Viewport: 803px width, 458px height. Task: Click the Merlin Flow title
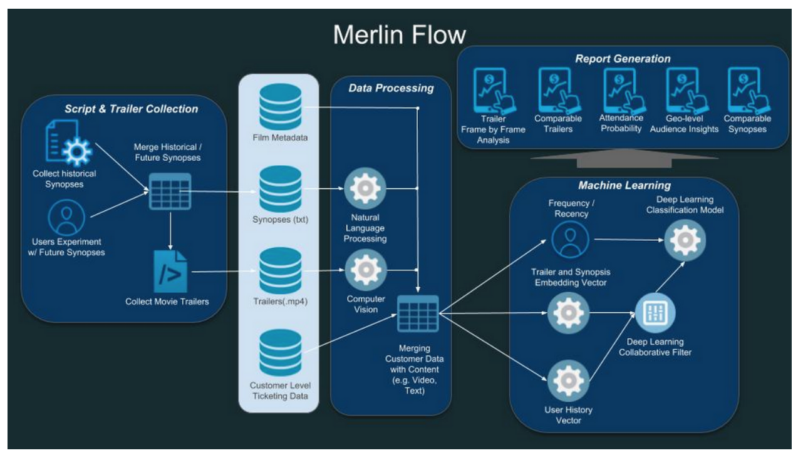coord(399,35)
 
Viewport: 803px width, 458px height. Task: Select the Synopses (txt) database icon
coord(281,189)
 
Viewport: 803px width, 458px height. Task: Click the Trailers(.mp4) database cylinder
coord(281,270)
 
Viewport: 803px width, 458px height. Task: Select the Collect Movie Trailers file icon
coord(170,271)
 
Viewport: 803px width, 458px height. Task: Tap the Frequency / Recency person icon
coord(570,240)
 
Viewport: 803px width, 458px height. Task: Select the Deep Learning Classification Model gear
coord(685,240)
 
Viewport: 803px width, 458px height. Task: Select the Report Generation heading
coord(623,59)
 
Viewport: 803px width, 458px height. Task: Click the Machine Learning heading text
coord(624,185)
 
